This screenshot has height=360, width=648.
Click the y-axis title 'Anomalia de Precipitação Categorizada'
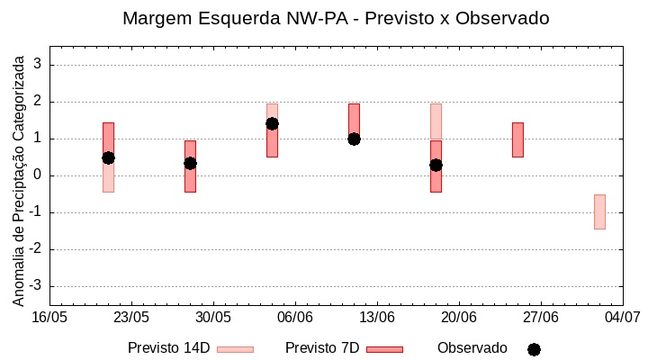tap(19, 178)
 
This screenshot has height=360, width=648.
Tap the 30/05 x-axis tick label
tap(213, 317)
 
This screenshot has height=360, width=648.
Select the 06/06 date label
tap(295, 317)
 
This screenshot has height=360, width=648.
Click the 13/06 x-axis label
tap(377, 317)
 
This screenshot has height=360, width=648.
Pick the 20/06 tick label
tap(459, 317)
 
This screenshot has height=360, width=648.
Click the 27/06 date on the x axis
tap(541, 317)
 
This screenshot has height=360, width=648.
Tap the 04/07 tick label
tap(622, 317)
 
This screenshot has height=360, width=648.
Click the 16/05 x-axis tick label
tap(49, 317)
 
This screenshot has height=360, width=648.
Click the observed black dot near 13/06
tap(354, 139)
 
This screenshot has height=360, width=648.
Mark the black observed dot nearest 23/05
tap(108, 157)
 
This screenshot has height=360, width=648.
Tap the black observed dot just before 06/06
tap(272, 123)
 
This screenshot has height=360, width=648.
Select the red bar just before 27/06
tap(517, 139)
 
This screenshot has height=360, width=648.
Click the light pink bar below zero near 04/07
tap(599, 211)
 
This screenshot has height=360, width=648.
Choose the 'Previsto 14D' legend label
tap(168, 348)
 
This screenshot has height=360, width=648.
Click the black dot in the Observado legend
tap(534, 349)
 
